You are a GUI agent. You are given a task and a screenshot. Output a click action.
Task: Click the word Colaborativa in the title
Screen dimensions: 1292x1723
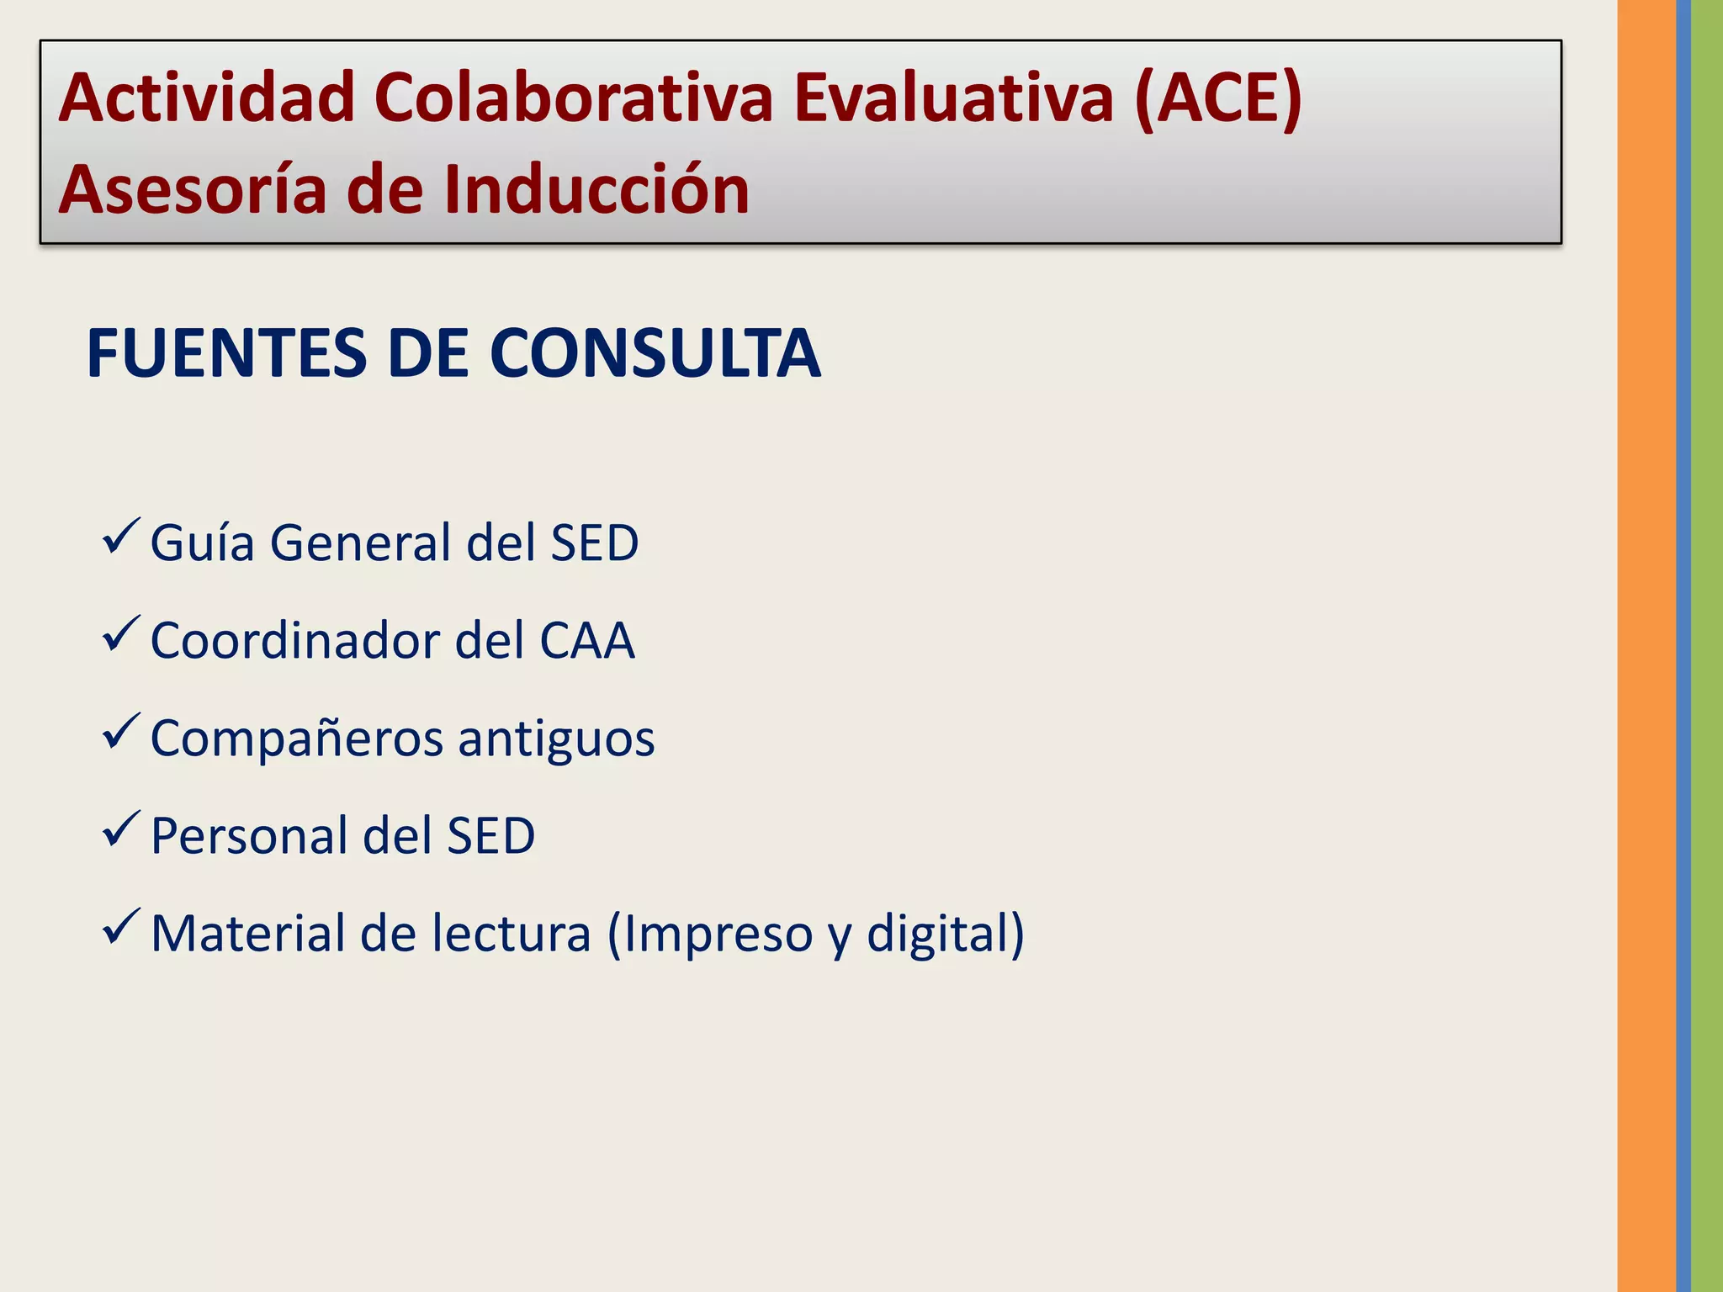(573, 98)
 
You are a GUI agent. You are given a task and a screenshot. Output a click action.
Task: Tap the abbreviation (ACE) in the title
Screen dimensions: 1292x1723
(1217, 100)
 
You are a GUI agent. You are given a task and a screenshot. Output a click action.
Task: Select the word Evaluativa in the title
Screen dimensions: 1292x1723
(953, 98)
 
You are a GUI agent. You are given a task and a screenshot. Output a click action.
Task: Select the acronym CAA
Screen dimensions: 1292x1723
(586, 641)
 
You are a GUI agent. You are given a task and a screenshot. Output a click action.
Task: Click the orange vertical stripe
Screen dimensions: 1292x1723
(1646, 646)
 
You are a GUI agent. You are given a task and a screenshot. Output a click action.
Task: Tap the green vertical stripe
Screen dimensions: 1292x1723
(1707, 646)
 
